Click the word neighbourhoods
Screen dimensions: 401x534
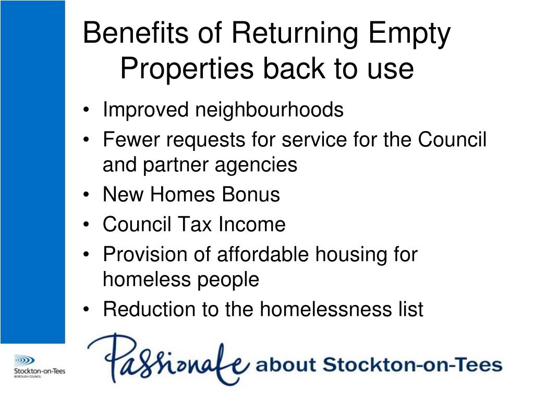coord(270,110)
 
